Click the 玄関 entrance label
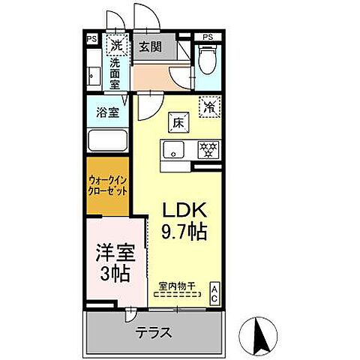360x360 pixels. tap(151, 46)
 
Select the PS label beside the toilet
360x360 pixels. tap(207, 35)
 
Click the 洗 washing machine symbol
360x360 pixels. tap(116, 46)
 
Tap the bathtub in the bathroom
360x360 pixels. tap(106, 142)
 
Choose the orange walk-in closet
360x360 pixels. tap(105, 185)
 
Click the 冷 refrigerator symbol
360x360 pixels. tap(209, 108)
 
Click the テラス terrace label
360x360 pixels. tap(153, 332)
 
